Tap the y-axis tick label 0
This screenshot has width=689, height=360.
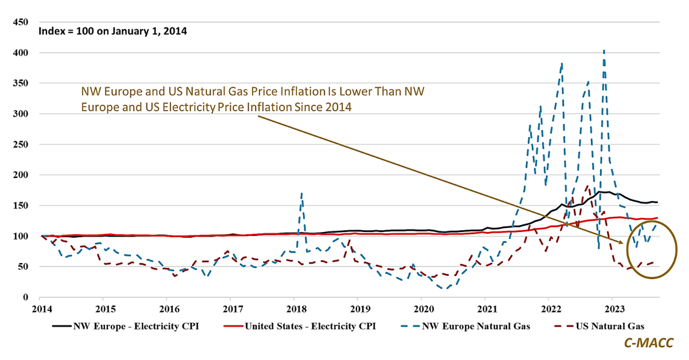25,297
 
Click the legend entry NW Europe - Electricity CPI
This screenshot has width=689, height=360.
136,327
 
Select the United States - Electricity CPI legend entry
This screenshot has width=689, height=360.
311,327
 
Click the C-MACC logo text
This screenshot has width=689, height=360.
649,343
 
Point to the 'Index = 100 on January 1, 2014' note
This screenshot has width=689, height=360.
113,31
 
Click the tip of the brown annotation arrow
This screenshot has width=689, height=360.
623,243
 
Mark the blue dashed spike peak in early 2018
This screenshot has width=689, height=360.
302,193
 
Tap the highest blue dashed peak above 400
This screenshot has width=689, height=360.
603,51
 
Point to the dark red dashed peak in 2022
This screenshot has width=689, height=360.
587,186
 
